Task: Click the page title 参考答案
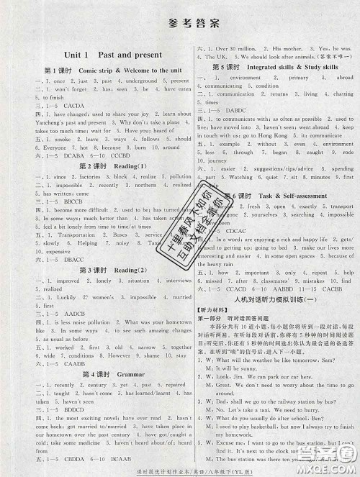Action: click(x=181, y=22)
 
